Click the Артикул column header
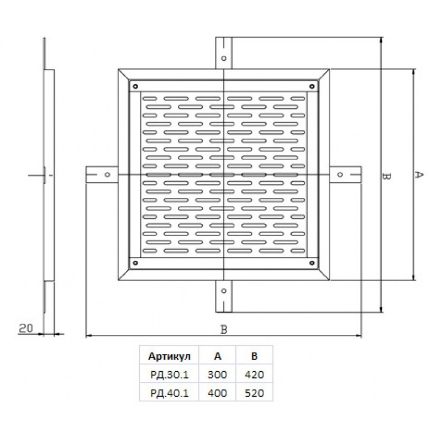coord(170,356)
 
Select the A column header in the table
coord(218,356)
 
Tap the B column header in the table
coord(254,356)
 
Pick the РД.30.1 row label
coord(170,375)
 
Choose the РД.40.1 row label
coord(170,393)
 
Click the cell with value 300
coord(217,375)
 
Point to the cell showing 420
coord(254,375)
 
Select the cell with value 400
coord(217,393)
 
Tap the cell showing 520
coord(254,393)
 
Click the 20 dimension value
coord(26,328)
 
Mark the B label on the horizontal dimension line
coord(224,329)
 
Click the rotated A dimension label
coord(419,175)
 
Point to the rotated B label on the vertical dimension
coord(386,176)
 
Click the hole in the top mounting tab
coord(224,59)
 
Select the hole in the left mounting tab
coord(107,175)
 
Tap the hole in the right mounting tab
coord(340,175)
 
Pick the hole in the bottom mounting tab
coord(224,291)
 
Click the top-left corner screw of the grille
coord(135,86)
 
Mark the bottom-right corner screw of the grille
coord(312,263)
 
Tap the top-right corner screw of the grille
coord(312,86)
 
